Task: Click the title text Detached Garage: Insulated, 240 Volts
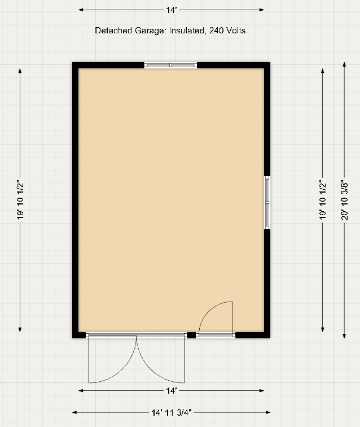170,30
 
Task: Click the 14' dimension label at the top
171,10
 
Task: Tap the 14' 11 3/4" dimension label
171,412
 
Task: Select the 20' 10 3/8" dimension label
345,199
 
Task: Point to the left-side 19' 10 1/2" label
20,199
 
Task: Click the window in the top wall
170,66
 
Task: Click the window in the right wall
267,202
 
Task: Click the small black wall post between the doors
191,335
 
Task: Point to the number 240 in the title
216,30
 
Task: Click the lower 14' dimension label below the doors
171,390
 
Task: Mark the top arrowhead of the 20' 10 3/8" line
345,64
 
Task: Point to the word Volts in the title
236,30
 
